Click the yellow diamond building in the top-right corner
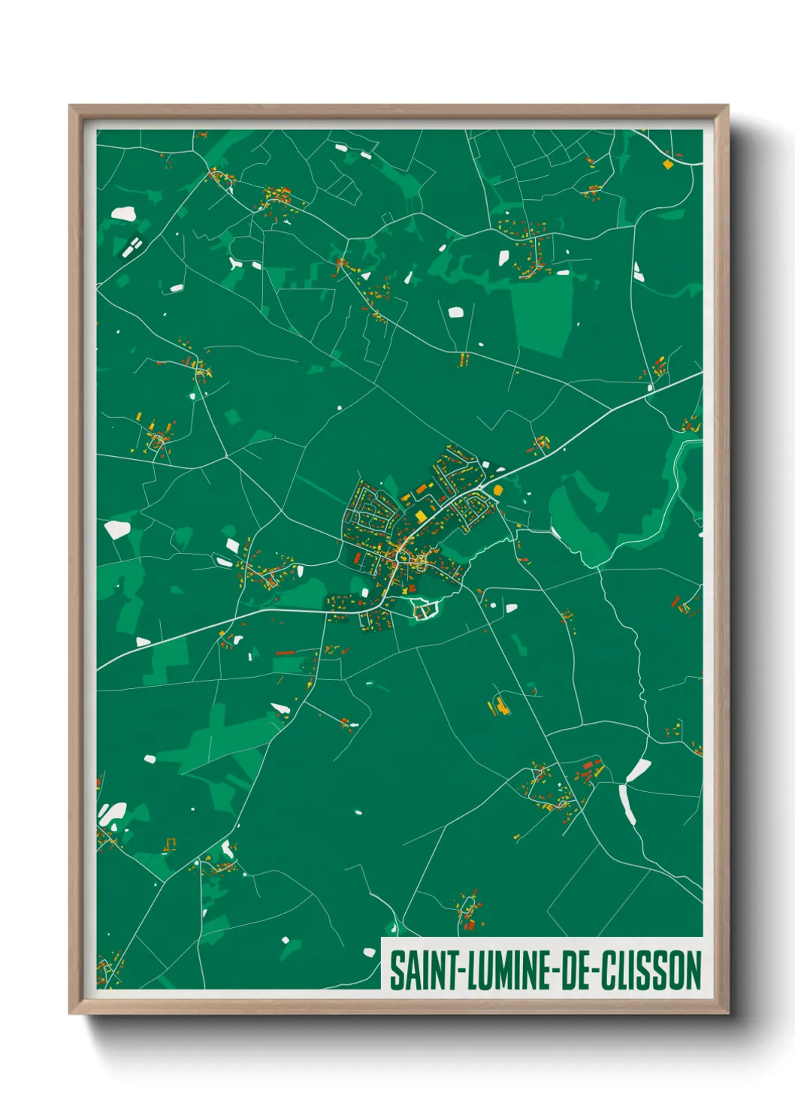667,163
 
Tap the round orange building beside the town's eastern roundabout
497,490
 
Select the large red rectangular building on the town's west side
358,559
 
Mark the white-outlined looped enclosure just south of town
425,611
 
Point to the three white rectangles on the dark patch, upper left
131,246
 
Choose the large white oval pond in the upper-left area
122,214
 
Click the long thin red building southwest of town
285,653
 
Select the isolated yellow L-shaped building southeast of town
498,706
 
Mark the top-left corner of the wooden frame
70,106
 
